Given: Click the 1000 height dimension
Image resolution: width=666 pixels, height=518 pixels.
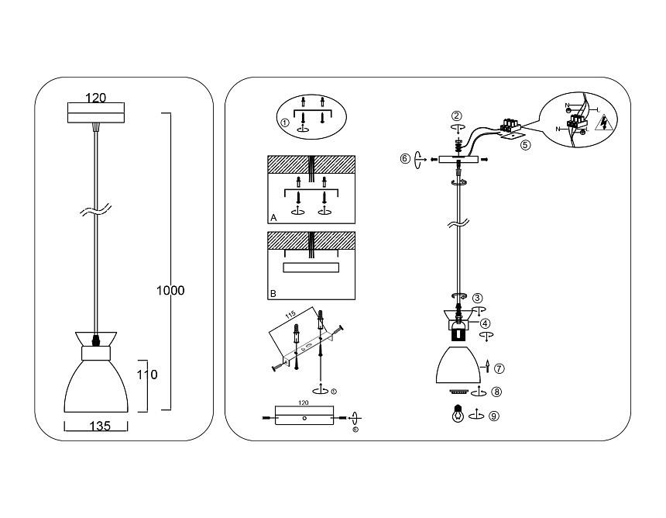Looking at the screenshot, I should (170, 291).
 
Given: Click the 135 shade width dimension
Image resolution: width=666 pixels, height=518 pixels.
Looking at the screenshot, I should (95, 426).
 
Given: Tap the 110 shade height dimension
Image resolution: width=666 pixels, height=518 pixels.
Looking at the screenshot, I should (147, 375).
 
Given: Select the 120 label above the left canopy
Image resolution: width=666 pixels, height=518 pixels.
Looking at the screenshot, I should (95, 98).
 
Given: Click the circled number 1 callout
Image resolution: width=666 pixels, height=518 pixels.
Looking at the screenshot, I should (285, 123).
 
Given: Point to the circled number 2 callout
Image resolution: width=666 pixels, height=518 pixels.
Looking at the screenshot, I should (458, 116).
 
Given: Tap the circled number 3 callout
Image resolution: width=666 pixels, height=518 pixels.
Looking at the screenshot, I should (478, 297).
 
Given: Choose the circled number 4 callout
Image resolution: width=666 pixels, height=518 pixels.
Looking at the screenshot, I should (485, 323).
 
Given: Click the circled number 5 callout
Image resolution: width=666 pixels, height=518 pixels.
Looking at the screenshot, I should (525, 143).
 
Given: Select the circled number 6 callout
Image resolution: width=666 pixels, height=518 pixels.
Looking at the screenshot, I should (405, 159).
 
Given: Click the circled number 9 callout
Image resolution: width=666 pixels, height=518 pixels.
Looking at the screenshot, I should (494, 416).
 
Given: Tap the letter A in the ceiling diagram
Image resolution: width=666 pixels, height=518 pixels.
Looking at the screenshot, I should (273, 218).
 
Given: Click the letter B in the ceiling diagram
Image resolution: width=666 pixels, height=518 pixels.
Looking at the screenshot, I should (273, 295).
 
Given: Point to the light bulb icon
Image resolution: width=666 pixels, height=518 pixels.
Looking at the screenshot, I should (458, 413).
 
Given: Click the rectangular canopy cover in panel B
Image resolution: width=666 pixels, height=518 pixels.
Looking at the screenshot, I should (311, 268).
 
